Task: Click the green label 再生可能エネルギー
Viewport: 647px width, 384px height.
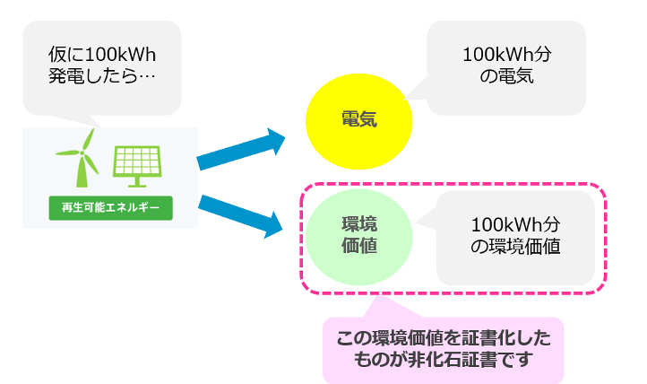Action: point(110,208)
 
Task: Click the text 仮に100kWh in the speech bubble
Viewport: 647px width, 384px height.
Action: point(101,53)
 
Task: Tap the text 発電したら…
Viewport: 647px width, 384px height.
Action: point(101,76)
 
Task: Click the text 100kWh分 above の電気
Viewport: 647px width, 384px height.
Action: point(507,54)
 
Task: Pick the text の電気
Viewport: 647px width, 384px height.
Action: point(507,77)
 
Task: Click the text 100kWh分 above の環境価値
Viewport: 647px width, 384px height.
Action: point(515,224)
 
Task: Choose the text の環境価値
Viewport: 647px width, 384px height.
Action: point(515,248)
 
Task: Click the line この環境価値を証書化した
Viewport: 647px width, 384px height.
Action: point(443,339)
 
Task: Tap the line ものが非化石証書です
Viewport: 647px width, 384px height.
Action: point(443,362)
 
